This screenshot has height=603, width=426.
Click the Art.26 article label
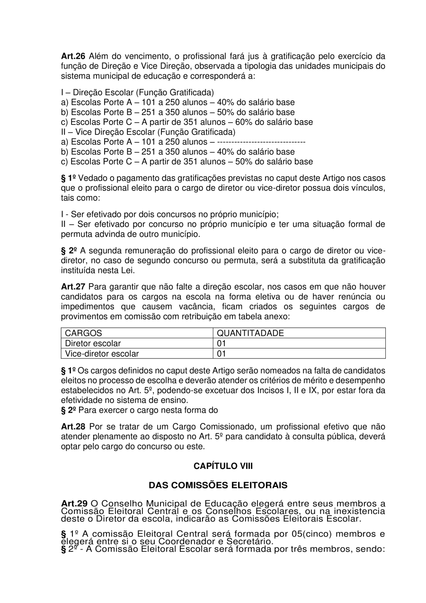click(x=73, y=56)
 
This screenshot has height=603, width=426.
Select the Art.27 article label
click(x=73, y=287)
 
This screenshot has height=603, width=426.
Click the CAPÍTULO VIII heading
click(x=223, y=466)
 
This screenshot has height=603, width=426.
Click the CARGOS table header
click(x=83, y=333)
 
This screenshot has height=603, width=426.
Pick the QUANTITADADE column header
click(x=250, y=333)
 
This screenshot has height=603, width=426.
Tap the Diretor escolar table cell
click(x=93, y=343)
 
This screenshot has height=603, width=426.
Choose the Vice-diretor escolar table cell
click(x=102, y=353)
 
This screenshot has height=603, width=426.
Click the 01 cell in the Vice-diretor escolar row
click(x=222, y=353)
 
